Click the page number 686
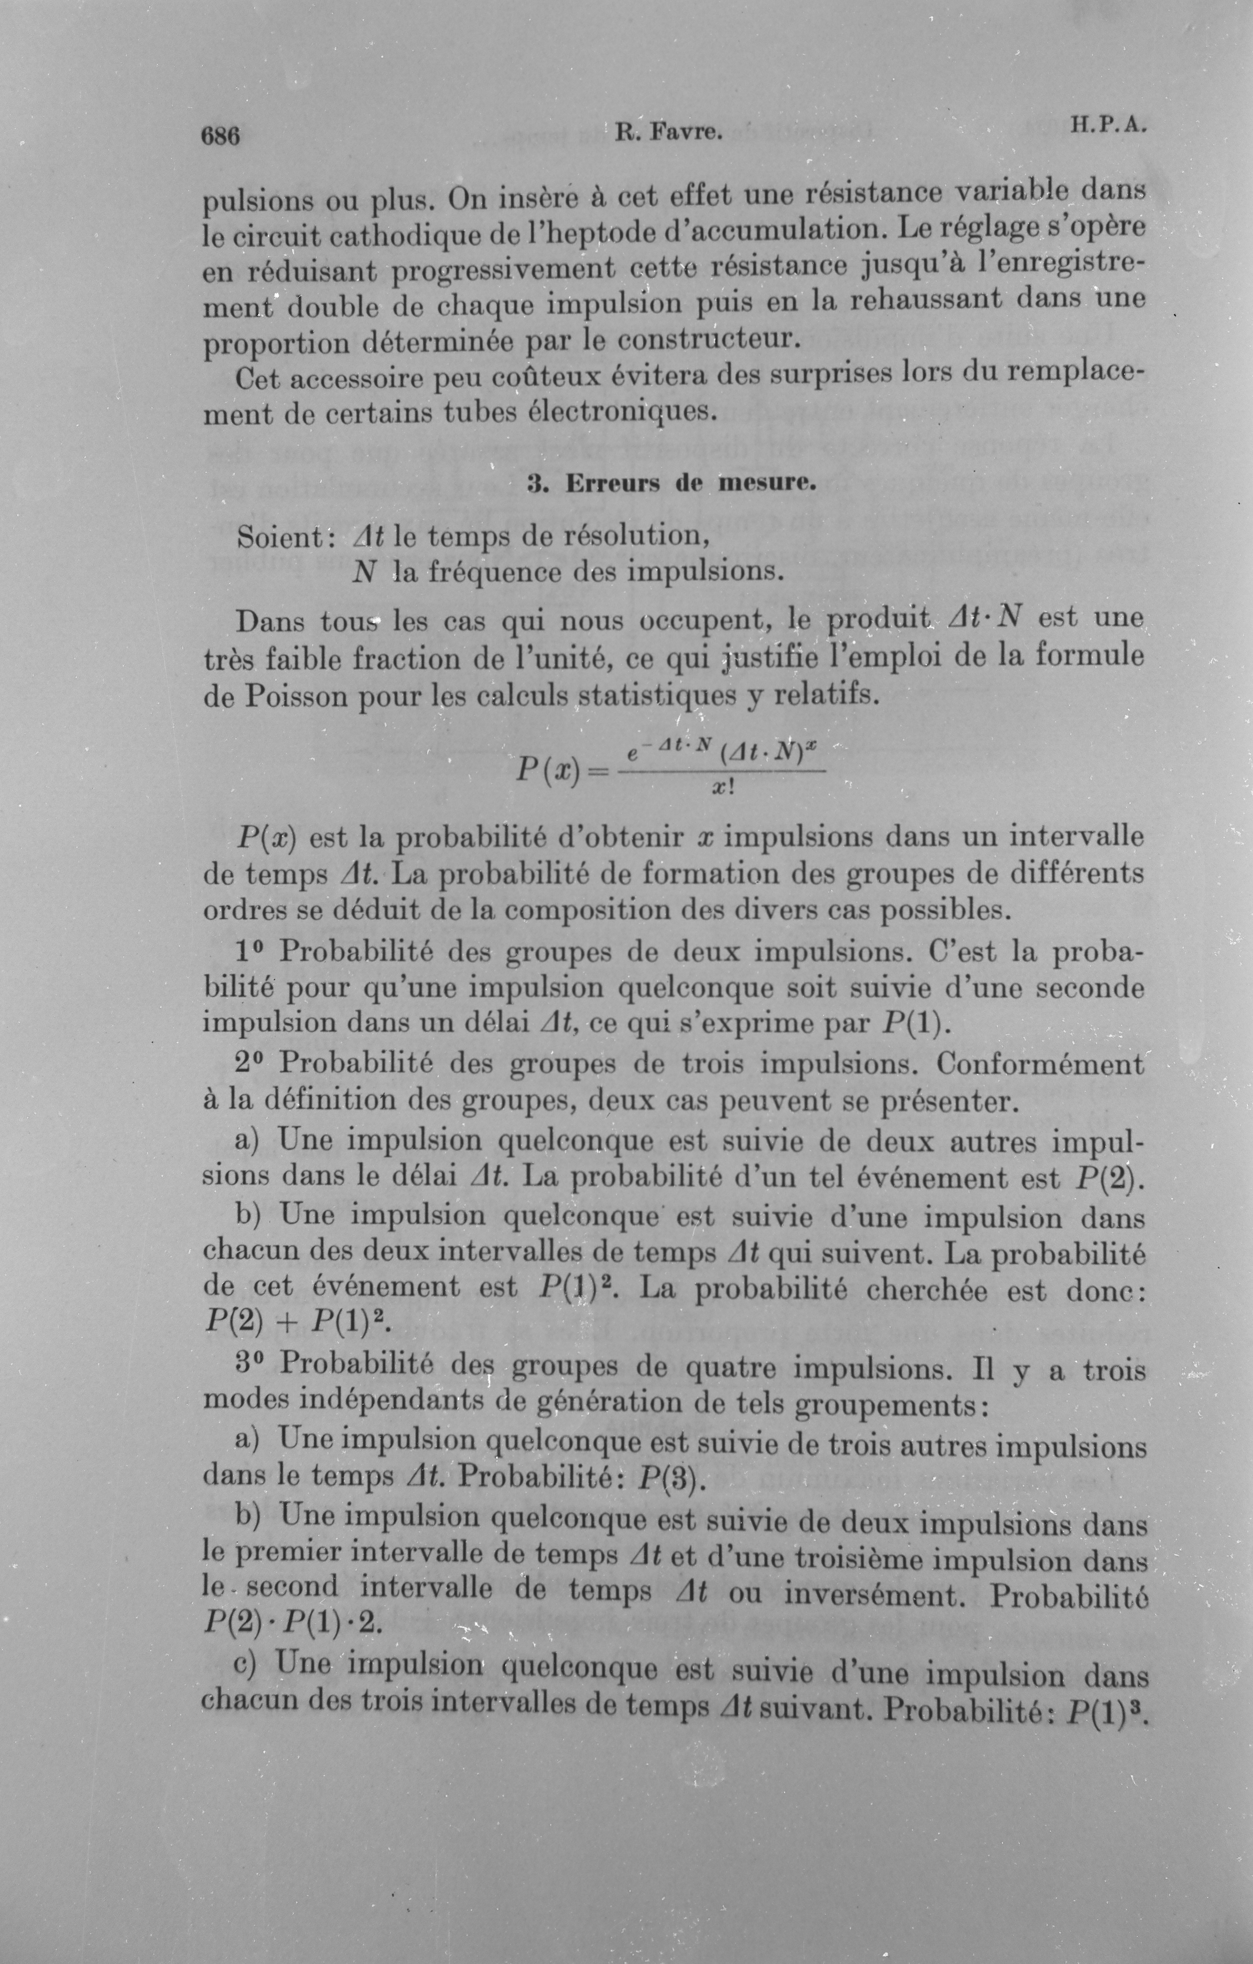click(x=220, y=135)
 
